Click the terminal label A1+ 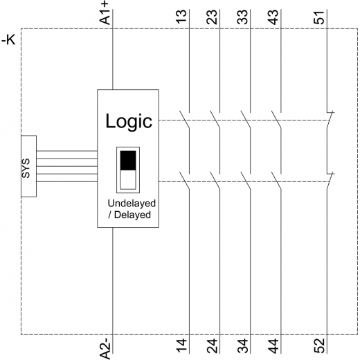pos(105,13)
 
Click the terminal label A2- pos(105,348)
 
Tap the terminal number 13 pos(181,17)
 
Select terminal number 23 pos(212,17)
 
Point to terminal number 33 pos(242,17)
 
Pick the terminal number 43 pos(273,17)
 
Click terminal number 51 pos(319,17)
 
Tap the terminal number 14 pos(181,345)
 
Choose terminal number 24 pos(212,345)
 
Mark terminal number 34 pos(242,345)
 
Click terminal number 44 pos(273,345)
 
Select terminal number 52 pos(319,345)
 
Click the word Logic pos(129,122)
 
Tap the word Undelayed pos(132,204)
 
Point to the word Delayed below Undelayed pos(132,215)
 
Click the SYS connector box pos(28,166)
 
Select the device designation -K pos(8,40)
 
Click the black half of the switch pos(128,161)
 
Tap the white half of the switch pos(128,180)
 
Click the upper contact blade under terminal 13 pos(184,119)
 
